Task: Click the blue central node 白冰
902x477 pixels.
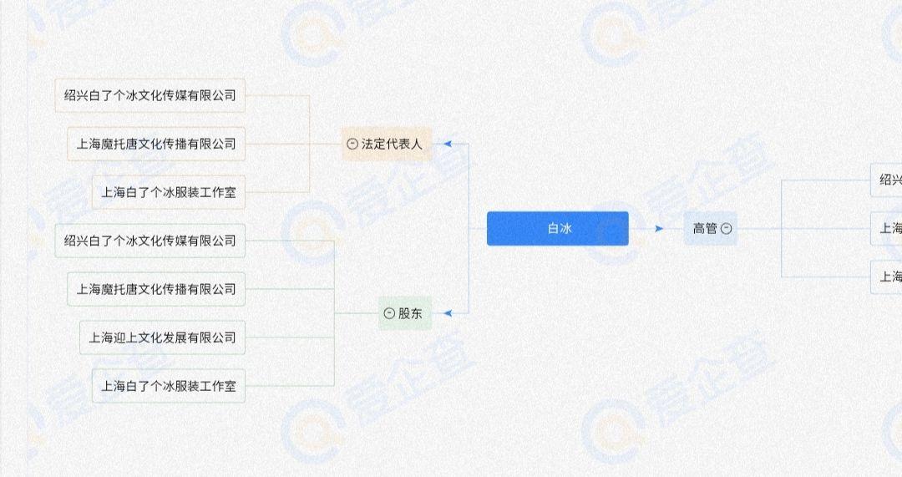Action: [x=557, y=228]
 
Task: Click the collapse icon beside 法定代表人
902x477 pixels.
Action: [x=352, y=144]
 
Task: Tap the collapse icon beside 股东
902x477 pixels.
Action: [x=389, y=313]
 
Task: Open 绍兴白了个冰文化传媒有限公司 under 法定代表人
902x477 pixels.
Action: [x=150, y=95]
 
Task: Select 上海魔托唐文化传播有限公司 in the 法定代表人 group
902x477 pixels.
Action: [x=156, y=144]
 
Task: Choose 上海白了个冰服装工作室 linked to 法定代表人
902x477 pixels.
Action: [x=169, y=192]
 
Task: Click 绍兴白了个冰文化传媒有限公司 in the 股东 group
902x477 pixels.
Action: [x=150, y=241]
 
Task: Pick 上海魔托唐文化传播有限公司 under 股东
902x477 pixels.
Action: [x=156, y=289]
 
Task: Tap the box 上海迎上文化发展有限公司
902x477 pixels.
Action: [x=163, y=337]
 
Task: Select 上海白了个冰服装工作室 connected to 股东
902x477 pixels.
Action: [x=169, y=386]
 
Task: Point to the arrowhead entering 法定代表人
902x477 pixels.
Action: [x=448, y=144]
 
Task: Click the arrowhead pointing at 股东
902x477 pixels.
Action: [x=448, y=313]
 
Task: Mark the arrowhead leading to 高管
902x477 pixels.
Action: [x=659, y=228]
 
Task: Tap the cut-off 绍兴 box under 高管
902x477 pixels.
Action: [x=887, y=180]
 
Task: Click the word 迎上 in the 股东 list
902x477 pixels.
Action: [x=125, y=337]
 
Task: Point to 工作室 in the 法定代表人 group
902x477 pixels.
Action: [x=218, y=192]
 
